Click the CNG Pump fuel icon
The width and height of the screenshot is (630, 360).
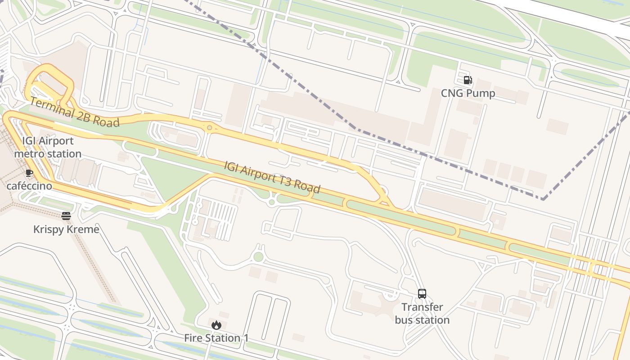click(x=468, y=80)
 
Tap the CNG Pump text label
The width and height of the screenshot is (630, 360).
click(x=468, y=93)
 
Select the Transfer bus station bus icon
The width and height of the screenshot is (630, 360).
click(x=422, y=294)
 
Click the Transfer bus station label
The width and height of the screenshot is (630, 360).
click(x=422, y=313)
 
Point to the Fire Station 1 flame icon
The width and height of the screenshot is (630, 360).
click(x=216, y=325)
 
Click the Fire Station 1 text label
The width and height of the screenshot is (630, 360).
click(x=216, y=338)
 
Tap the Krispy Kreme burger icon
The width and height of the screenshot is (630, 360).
click(x=66, y=216)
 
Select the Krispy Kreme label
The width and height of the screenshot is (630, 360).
click(x=66, y=229)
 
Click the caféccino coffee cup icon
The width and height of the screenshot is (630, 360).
click(x=29, y=173)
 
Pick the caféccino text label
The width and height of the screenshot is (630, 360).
click(x=29, y=186)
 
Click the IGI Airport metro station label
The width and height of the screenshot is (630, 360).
click(x=48, y=147)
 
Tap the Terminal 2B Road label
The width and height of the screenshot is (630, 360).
click(x=75, y=112)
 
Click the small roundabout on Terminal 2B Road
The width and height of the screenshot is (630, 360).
click(x=209, y=128)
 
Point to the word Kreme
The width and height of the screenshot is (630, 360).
click(x=83, y=229)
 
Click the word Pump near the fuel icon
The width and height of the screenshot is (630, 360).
click(x=481, y=93)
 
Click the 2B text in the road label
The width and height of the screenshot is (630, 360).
click(x=89, y=116)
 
